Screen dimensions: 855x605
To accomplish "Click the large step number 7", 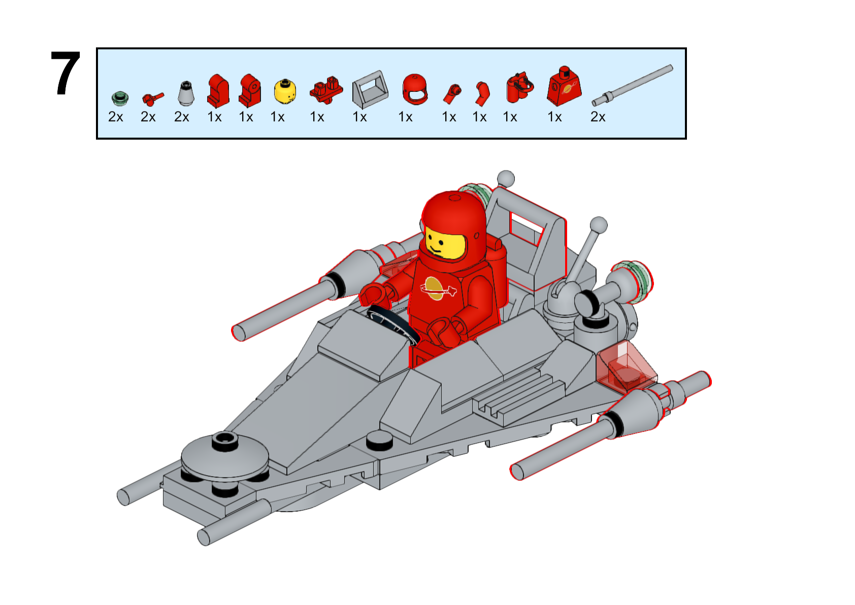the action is point(65,73).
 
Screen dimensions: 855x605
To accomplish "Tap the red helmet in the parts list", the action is point(415,89).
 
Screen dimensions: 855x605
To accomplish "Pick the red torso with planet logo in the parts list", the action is point(564,87).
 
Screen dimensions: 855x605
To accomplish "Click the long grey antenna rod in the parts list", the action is point(632,85).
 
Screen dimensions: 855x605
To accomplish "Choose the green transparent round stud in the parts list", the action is point(120,98).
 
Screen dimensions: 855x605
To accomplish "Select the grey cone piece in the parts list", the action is point(186,93).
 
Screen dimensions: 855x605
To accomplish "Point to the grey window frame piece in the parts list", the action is point(370,90).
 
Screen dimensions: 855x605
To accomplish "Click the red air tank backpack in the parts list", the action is point(519,87).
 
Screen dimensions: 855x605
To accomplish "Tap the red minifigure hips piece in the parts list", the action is point(326,90).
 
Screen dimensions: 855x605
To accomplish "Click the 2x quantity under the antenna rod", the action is point(598,117).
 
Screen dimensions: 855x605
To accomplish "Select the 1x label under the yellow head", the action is point(278,117).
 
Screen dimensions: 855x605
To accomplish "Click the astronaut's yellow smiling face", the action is point(445,244).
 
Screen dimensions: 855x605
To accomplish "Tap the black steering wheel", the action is point(393,325).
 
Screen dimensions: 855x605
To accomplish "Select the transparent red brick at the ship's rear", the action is point(626,367).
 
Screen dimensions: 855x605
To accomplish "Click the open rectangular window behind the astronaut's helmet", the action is point(527,228).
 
